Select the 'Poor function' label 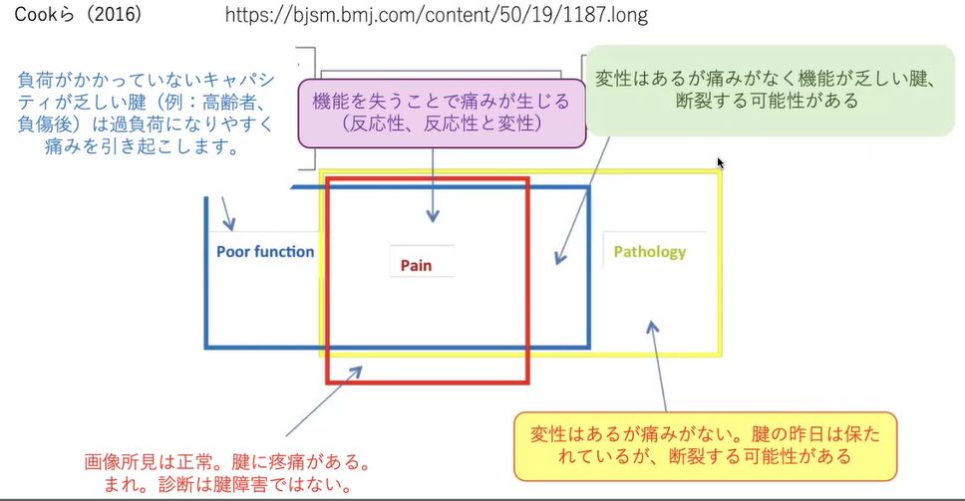(x=265, y=251)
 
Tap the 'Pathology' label (x=649, y=251)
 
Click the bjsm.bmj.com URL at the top (x=436, y=15)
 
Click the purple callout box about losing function (x=440, y=112)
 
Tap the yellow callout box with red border (x=704, y=444)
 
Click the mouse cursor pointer (x=721, y=162)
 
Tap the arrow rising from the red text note (x=319, y=403)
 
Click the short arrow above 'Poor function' (x=226, y=211)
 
